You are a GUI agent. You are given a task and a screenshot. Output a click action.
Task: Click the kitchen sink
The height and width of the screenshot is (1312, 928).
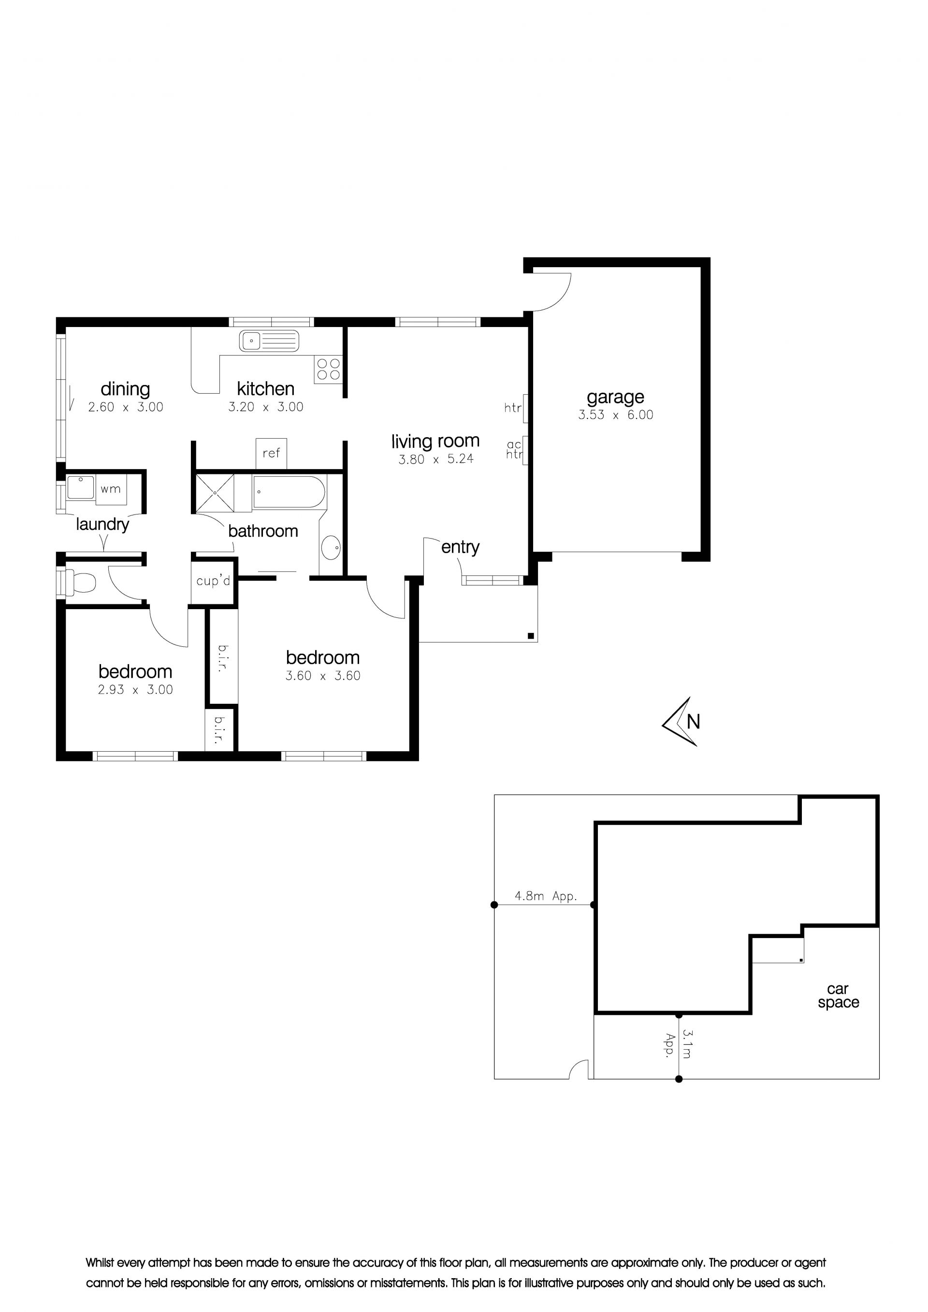click(x=269, y=341)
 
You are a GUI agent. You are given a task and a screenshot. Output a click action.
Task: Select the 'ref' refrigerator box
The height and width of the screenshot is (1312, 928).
click(x=271, y=454)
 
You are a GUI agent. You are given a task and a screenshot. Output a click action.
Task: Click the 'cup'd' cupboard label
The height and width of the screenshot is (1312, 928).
click(x=213, y=581)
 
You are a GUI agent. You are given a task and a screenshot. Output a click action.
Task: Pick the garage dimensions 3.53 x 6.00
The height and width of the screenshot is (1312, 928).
click(x=615, y=415)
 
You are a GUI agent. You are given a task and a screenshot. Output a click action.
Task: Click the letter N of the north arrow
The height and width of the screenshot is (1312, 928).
click(x=693, y=722)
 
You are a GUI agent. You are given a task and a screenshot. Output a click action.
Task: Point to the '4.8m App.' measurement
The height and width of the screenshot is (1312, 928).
click(x=546, y=896)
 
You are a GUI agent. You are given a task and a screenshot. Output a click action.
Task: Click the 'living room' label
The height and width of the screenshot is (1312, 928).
click(x=435, y=441)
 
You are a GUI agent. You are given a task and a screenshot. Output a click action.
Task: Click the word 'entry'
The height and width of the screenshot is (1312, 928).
click(x=460, y=547)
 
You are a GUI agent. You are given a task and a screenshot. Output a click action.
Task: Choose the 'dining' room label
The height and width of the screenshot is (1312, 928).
click(x=125, y=389)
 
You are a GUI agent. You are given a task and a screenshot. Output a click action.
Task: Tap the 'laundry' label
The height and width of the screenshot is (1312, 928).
click(x=103, y=525)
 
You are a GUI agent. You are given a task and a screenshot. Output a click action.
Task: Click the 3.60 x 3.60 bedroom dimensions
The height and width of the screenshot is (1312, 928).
click(x=323, y=675)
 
